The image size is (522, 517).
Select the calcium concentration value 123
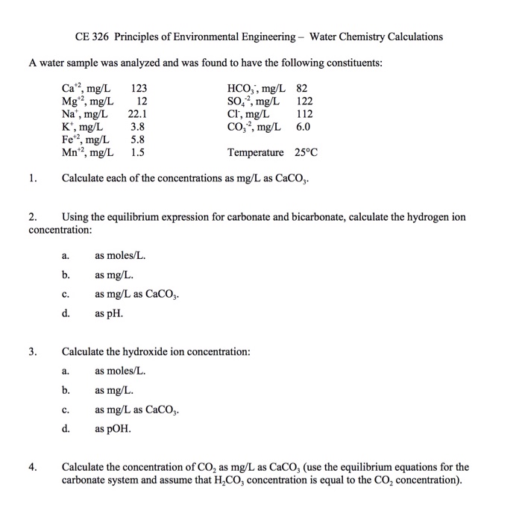(x=139, y=89)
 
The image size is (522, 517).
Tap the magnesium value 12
(x=142, y=101)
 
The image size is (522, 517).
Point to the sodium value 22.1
(x=138, y=114)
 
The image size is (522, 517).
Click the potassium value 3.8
(x=138, y=127)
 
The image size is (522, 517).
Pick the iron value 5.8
(x=138, y=140)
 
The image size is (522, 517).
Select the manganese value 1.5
(x=138, y=152)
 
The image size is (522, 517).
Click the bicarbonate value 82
(x=303, y=89)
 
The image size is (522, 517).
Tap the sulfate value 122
(x=304, y=101)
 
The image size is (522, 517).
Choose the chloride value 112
(x=304, y=114)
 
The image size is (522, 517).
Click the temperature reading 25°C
(x=304, y=152)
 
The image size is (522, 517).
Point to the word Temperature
(x=256, y=152)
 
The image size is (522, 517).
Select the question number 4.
(x=31, y=467)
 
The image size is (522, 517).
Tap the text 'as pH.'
(x=108, y=313)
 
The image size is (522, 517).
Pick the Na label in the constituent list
(x=67, y=114)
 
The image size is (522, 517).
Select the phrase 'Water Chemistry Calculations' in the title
(x=376, y=37)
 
